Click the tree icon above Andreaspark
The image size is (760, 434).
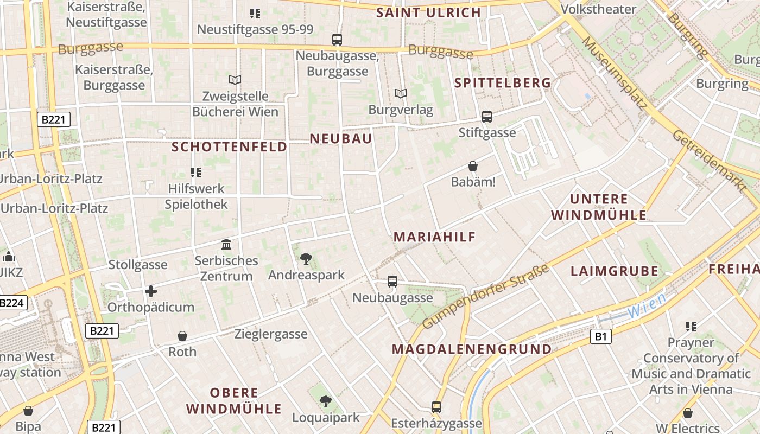pyautogui.click(x=306, y=259)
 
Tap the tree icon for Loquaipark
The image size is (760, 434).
pyautogui.click(x=325, y=401)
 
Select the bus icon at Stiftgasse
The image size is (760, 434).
pyautogui.click(x=487, y=117)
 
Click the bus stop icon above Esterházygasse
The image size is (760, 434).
pyautogui.click(x=436, y=407)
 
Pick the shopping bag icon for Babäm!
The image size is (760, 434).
pyautogui.click(x=473, y=166)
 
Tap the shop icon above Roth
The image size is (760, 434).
pyautogui.click(x=182, y=336)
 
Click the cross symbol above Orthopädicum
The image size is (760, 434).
pyautogui.click(x=151, y=292)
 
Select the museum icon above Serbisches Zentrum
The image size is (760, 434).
pyautogui.click(x=226, y=245)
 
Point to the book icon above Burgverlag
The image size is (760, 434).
pyautogui.click(x=401, y=94)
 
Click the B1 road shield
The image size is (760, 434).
pyautogui.click(x=600, y=337)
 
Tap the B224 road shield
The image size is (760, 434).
pyautogui.click(x=12, y=303)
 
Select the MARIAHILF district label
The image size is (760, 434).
pyautogui.click(x=434, y=237)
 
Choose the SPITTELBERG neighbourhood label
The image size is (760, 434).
pyautogui.click(x=503, y=83)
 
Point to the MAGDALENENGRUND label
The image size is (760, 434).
pyautogui.click(x=472, y=349)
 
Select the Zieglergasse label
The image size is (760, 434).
pyautogui.click(x=271, y=334)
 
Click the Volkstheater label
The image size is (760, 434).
pyautogui.click(x=598, y=9)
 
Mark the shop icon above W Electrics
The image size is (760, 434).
pyautogui.click(x=688, y=413)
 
